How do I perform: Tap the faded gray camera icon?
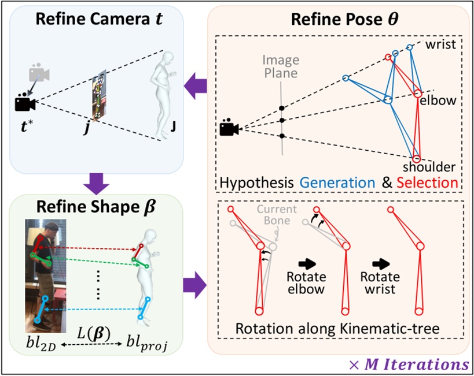tap(38, 74)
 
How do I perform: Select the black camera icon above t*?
tap(25, 103)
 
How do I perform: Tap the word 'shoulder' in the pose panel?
tap(434, 167)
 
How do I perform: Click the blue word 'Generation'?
tap(337, 183)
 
